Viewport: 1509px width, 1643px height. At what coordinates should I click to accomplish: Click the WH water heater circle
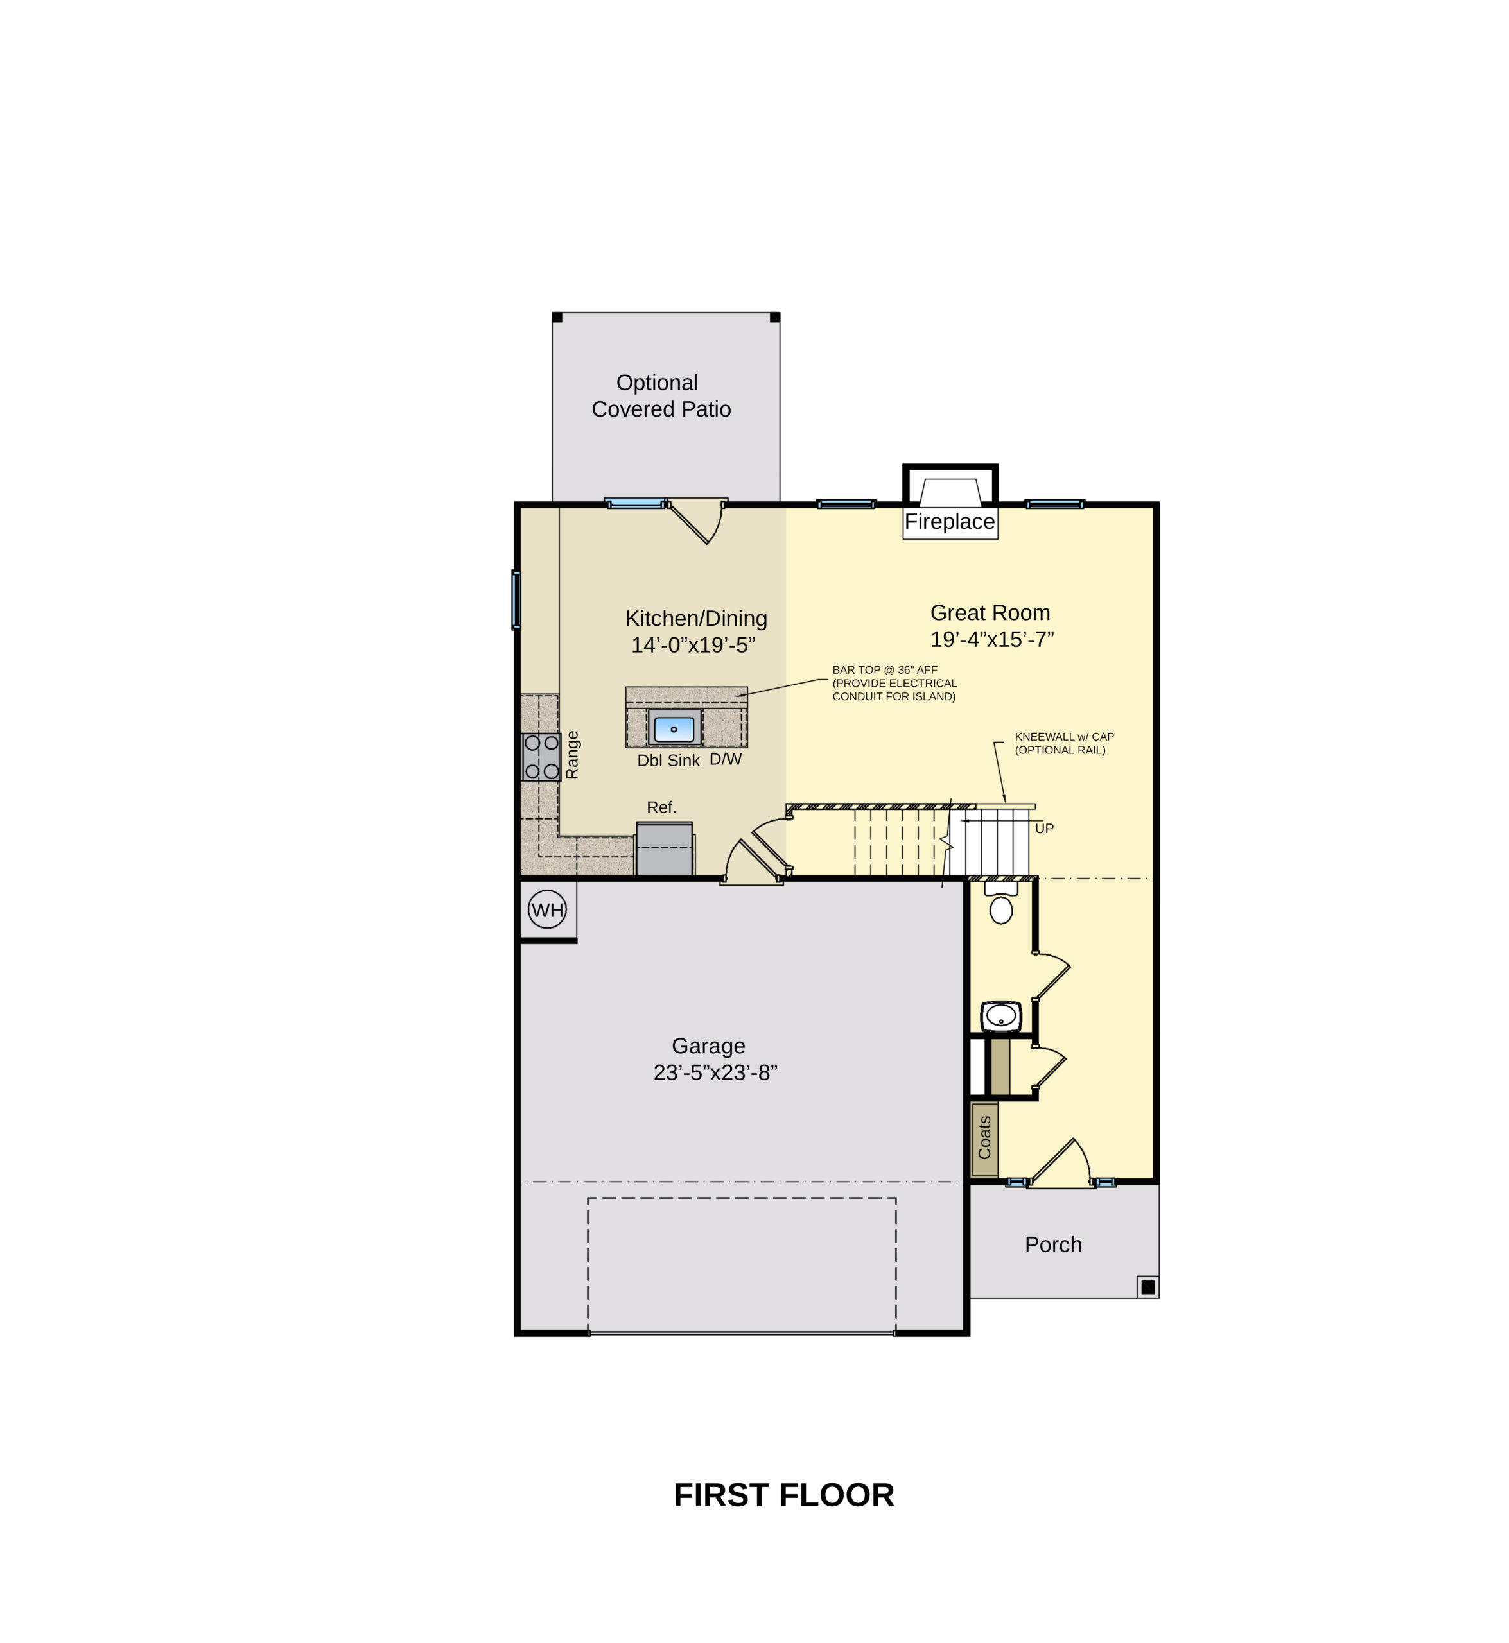click(x=547, y=909)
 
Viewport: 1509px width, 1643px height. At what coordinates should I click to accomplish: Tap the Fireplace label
click(x=950, y=522)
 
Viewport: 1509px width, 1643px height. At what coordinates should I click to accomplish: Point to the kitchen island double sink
click(x=674, y=728)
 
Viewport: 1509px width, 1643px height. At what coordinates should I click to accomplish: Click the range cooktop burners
click(x=541, y=757)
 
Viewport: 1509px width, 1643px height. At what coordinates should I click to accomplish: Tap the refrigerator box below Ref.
click(x=665, y=849)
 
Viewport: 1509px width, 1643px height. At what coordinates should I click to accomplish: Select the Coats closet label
click(x=985, y=1138)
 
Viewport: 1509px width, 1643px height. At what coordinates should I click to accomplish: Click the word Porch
click(x=1053, y=1244)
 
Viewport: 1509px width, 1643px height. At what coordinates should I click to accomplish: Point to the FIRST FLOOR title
click(x=784, y=1495)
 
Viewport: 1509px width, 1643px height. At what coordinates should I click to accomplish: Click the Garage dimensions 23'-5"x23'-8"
click(x=715, y=1072)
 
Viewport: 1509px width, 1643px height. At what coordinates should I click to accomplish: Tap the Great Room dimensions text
click(x=992, y=639)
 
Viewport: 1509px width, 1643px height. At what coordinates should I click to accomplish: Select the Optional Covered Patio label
click(x=661, y=396)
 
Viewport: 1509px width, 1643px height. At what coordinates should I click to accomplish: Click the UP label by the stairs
click(x=1044, y=829)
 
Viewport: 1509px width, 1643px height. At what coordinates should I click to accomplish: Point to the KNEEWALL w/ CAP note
click(x=1065, y=737)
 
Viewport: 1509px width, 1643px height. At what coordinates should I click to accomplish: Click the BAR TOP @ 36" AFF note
click(x=885, y=670)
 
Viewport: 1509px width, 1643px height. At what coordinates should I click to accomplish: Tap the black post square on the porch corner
click(x=1148, y=1287)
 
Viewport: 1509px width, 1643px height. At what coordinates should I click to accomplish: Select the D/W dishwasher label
click(x=726, y=759)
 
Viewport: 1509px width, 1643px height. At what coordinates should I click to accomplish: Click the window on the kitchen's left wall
click(x=516, y=600)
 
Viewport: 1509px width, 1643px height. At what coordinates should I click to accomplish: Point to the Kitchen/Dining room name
click(x=697, y=619)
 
